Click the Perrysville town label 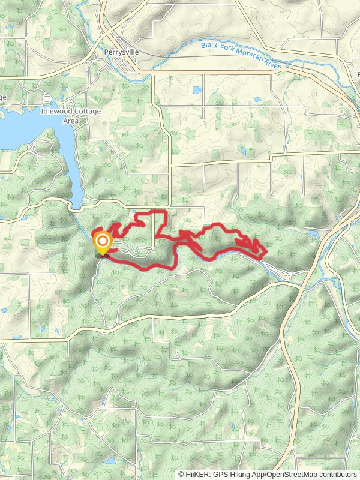(121, 52)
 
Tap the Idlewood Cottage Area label (71, 116)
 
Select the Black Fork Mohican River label (239, 47)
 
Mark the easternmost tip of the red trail (266, 252)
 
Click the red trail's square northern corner (166, 212)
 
